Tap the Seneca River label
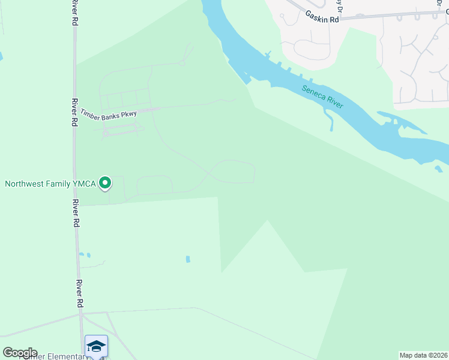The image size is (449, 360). pos(322,96)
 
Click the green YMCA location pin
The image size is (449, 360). pos(105,182)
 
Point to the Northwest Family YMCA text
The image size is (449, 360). pos(50,184)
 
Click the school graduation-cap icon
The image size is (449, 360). pos(96,346)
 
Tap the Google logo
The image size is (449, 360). pos(20,352)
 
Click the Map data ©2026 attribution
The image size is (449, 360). pos(424,355)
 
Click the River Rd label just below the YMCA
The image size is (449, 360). pos(76,211)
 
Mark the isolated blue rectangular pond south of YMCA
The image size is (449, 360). pos(188,259)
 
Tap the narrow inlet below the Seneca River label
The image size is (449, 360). pos(330,123)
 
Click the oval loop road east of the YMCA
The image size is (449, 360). pos(233,172)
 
